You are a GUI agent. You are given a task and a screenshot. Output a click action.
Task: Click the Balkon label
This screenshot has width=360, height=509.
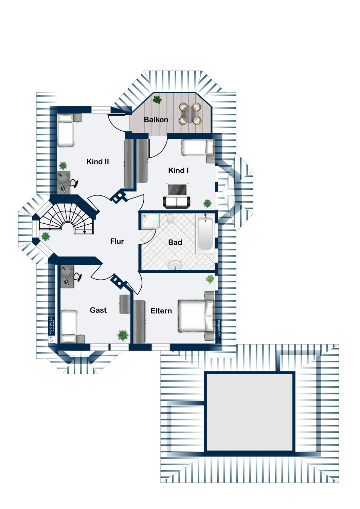(156, 119)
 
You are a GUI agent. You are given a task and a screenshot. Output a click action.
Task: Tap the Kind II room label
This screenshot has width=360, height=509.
(97, 162)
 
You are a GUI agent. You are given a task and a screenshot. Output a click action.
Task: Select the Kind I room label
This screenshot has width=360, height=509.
(178, 170)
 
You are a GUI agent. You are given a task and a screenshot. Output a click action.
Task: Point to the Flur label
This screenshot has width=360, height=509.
(117, 241)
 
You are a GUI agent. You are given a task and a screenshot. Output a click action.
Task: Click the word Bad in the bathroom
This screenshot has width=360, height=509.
(175, 243)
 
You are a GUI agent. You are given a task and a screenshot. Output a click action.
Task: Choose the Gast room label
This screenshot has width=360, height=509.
(98, 310)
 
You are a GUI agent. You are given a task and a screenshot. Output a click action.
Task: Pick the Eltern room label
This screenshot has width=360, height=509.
(161, 311)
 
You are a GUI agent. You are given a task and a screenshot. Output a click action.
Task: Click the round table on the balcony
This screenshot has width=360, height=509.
(190, 114)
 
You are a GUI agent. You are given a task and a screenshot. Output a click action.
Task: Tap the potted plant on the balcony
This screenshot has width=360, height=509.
(157, 99)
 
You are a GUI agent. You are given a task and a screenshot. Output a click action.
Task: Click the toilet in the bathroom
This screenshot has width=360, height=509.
(170, 219)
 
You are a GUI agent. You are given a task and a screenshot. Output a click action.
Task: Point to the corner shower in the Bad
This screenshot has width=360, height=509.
(150, 221)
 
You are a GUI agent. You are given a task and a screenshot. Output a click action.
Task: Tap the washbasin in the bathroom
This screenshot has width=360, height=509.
(175, 265)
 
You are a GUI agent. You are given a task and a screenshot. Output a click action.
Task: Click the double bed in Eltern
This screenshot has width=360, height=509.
(196, 316)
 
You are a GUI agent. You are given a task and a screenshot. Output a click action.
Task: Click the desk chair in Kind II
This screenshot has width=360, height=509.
(74, 183)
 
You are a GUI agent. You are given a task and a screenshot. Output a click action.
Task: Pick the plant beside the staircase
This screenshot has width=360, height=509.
(46, 237)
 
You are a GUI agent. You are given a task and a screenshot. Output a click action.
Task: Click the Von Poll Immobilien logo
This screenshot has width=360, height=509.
(51, 330)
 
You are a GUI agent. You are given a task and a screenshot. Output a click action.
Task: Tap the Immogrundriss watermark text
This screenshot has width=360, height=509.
(218, 331)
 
